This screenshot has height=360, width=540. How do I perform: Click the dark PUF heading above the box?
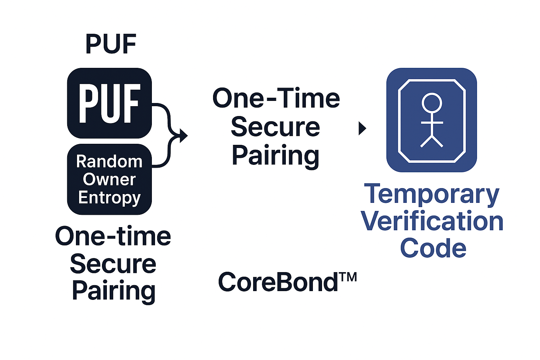(111, 44)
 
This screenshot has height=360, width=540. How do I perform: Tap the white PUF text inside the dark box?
(110, 104)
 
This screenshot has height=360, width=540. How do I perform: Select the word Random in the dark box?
(109, 162)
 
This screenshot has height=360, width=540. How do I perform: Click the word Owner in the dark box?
(109, 180)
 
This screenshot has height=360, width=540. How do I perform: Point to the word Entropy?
(109, 198)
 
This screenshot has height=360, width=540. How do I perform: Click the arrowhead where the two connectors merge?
(183, 135)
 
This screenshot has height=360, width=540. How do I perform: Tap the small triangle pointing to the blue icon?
(362, 128)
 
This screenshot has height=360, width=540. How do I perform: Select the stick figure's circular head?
(432, 103)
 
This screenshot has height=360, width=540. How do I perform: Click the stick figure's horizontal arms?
(432, 123)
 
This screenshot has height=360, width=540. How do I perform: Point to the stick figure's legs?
(432, 141)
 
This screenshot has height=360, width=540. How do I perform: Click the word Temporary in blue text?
(432, 194)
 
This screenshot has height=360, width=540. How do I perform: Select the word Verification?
(432, 221)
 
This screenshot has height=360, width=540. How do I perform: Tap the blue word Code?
(433, 248)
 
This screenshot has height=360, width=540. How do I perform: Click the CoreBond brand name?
(278, 282)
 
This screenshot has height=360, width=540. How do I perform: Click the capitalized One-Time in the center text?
(276, 98)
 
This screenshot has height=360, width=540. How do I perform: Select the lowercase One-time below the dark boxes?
(113, 236)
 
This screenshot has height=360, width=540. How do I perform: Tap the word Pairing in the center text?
(275, 156)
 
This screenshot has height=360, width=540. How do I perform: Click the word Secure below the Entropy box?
(113, 264)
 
